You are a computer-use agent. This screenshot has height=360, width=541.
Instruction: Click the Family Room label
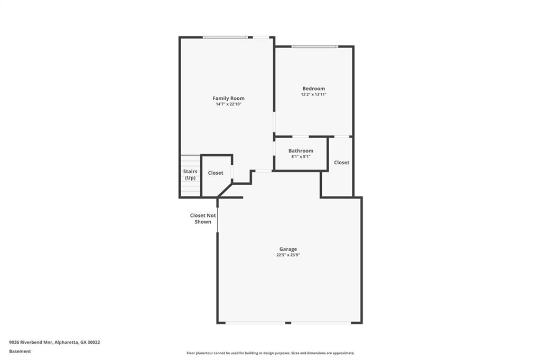tap(228, 98)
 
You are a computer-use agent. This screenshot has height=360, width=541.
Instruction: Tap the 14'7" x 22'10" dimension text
tap(228, 105)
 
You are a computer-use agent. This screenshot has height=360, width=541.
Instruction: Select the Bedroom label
tap(313, 89)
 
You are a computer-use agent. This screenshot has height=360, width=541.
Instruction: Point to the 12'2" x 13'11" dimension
tap(313, 94)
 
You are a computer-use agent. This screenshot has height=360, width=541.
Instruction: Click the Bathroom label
tap(301, 151)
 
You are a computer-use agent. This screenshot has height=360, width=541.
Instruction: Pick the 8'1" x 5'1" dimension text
tap(301, 157)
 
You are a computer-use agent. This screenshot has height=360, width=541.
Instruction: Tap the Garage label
tap(288, 249)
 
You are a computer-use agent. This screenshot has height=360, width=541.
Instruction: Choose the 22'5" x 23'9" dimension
tap(288, 255)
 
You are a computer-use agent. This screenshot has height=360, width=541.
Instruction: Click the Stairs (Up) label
tap(190, 175)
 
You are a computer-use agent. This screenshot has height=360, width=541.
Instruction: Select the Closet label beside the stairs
tap(216, 173)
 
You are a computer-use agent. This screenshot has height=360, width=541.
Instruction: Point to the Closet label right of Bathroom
tap(341, 163)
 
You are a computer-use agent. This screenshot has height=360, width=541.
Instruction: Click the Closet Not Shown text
tap(203, 219)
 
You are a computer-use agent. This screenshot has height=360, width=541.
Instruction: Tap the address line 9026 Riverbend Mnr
tap(54, 342)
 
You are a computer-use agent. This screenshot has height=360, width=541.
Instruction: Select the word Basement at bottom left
tap(20, 351)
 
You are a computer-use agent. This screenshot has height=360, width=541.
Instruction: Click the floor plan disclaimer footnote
tap(270, 353)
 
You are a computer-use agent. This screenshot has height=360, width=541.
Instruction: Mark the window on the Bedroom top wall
tap(314, 46)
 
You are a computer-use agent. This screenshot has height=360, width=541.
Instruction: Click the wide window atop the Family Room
tap(225, 37)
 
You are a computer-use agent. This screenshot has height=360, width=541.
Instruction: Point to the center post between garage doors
tap(288, 323)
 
